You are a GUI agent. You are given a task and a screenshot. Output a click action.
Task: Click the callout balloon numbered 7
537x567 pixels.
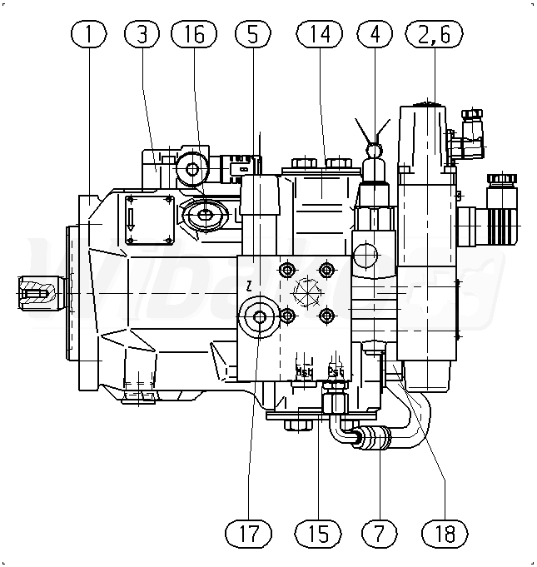click(379, 532)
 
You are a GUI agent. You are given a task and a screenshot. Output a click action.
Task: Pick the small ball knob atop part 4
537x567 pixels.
click(374, 151)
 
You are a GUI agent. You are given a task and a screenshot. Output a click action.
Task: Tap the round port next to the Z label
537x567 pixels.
click(257, 316)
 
